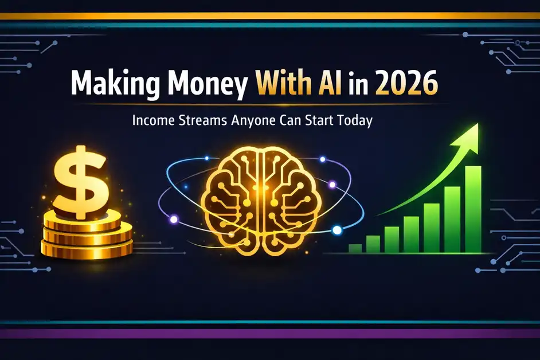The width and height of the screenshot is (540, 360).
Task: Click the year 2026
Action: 409,85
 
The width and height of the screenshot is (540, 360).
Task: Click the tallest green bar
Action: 472,209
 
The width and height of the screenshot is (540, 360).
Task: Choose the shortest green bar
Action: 355,248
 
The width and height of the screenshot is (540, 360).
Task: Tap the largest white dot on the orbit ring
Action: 337,230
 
